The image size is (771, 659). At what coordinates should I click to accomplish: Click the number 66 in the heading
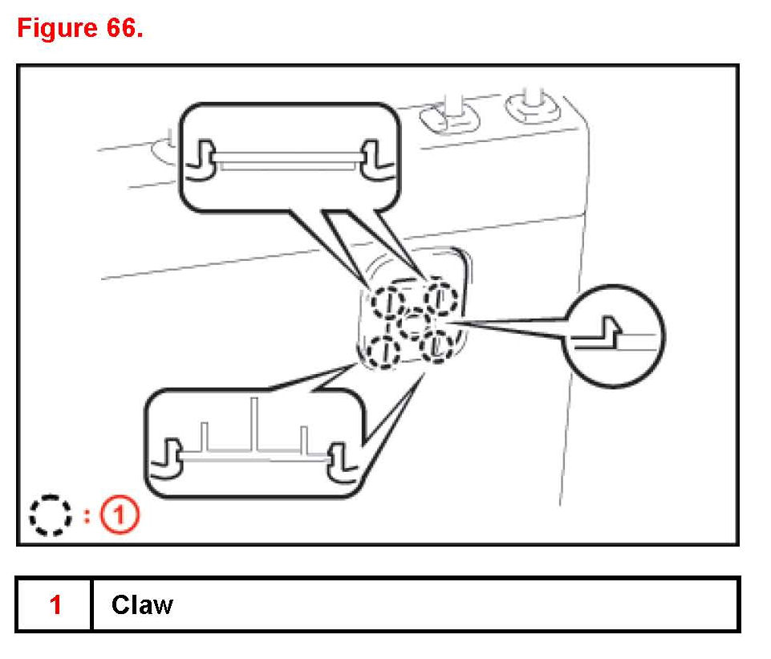click(x=120, y=29)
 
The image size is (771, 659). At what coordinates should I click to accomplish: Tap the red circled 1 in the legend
click(x=120, y=516)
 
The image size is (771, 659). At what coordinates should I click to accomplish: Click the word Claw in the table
click(x=142, y=604)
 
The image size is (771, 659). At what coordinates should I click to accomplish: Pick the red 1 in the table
click(x=55, y=604)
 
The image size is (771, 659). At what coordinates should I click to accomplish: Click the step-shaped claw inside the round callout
click(x=607, y=331)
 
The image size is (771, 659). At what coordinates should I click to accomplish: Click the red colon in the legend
click(x=86, y=516)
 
